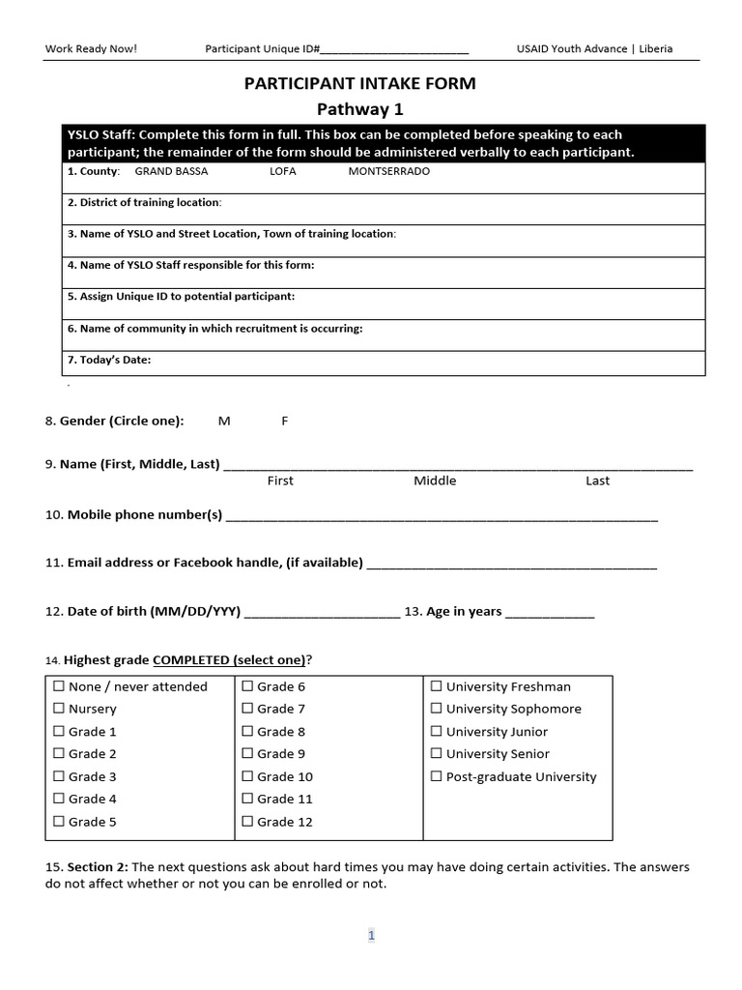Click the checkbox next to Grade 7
tap(248, 709)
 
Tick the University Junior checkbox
tap(437, 732)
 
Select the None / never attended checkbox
tap(60, 686)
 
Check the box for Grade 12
tap(248, 822)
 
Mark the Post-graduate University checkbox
tap(437, 776)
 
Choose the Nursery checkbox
tap(60, 709)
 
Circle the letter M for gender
tap(224, 421)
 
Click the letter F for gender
tap(284, 421)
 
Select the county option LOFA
tap(283, 171)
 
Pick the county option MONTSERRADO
tap(388, 171)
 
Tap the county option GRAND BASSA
tap(171, 171)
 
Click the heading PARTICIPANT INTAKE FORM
tap(359, 83)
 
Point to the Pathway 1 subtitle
tap(359, 108)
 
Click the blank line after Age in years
tap(550, 614)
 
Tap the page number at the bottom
tap(370, 935)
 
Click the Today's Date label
tap(109, 360)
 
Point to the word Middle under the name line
tap(435, 480)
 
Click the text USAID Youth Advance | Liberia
tap(595, 48)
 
